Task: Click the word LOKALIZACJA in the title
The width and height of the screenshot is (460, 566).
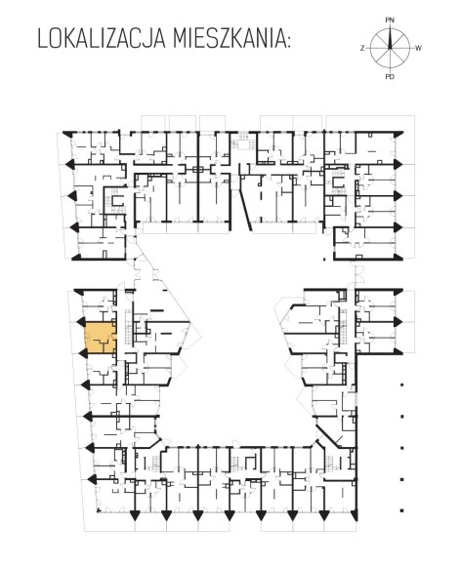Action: click(x=102, y=39)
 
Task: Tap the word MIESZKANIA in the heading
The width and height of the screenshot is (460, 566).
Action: click(x=228, y=39)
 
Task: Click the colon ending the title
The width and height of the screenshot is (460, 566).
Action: click(x=288, y=42)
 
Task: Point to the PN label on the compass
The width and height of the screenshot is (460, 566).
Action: click(x=390, y=20)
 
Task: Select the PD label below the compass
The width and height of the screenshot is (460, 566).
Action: click(x=390, y=76)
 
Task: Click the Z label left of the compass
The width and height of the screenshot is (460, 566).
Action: click(x=362, y=48)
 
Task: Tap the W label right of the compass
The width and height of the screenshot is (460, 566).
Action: click(x=418, y=48)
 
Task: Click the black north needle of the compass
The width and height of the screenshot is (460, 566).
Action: click(x=390, y=38)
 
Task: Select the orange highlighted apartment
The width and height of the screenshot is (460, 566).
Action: click(x=101, y=338)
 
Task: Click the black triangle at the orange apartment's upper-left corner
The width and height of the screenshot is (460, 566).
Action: click(x=81, y=322)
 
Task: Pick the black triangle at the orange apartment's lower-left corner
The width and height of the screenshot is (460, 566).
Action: click(x=83, y=353)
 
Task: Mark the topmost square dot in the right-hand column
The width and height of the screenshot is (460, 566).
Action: click(x=401, y=384)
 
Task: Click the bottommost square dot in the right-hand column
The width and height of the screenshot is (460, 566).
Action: click(x=401, y=510)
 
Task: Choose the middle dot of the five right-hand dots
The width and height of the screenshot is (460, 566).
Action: click(x=401, y=448)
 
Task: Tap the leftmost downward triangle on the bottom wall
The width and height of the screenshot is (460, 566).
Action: click(x=135, y=515)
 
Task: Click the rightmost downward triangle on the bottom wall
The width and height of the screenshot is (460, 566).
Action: click(x=355, y=515)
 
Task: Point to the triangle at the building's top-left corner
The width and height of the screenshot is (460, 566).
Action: click(x=67, y=134)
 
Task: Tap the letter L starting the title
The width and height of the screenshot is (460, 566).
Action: click(x=42, y=39)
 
